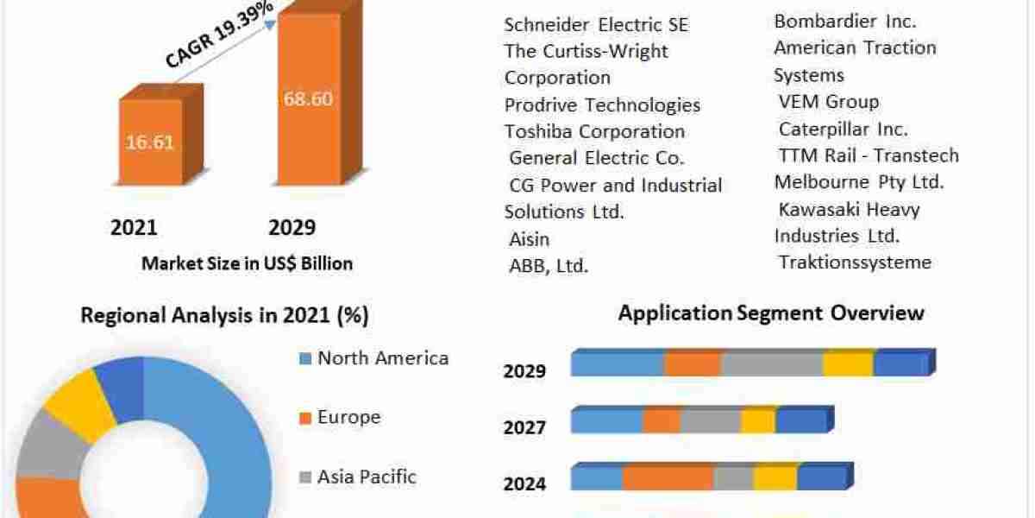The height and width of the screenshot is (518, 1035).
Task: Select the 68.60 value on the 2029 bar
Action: (308, 98)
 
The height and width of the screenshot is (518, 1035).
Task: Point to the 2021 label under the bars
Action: (134, 227)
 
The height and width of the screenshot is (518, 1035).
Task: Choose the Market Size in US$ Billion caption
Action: (247, 264)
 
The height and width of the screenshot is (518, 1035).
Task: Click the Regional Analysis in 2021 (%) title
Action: (224, 316)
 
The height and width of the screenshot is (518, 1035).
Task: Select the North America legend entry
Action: (382, 358)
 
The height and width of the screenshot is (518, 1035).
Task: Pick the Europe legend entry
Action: (348, 418)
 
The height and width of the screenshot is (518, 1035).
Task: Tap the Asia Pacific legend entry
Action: (367, 477)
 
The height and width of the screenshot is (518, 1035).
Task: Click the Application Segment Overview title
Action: (770, 313)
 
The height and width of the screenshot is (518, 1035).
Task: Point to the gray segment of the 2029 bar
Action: (772, 364)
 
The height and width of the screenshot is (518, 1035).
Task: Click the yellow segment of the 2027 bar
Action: (758, 421)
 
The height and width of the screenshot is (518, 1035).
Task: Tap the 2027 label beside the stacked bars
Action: (524, 427)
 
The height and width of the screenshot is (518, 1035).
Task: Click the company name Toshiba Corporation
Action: (594, 131)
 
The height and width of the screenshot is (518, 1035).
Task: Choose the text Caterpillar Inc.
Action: (843, 129)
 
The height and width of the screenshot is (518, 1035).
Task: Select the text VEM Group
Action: (828, 102)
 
